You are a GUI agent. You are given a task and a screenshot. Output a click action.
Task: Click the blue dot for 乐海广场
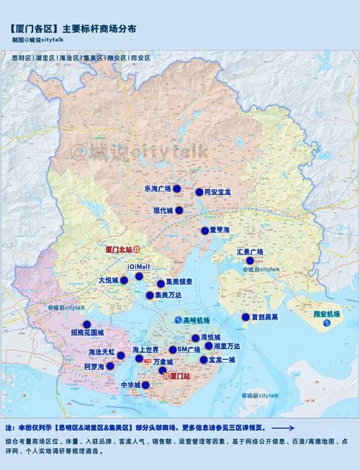tap(176, 189)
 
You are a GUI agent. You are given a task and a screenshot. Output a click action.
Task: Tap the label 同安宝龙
tap(217, 193)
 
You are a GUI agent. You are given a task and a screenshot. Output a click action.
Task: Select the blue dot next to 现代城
tap(179, 210)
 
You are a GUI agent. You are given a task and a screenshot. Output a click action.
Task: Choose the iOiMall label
tap(138, 266)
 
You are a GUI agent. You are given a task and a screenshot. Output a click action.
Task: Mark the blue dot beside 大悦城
tap(124, 281)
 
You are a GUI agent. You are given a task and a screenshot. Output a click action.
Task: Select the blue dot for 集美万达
tap(149, 295)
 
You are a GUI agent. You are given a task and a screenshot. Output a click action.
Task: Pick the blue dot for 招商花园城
tap(87, 324)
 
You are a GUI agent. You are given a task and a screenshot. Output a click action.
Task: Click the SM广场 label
tap(189, 349)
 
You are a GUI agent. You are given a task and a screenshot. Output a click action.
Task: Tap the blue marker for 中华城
tap(145, 385)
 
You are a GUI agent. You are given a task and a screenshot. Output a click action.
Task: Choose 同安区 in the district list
tap(140, 56)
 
